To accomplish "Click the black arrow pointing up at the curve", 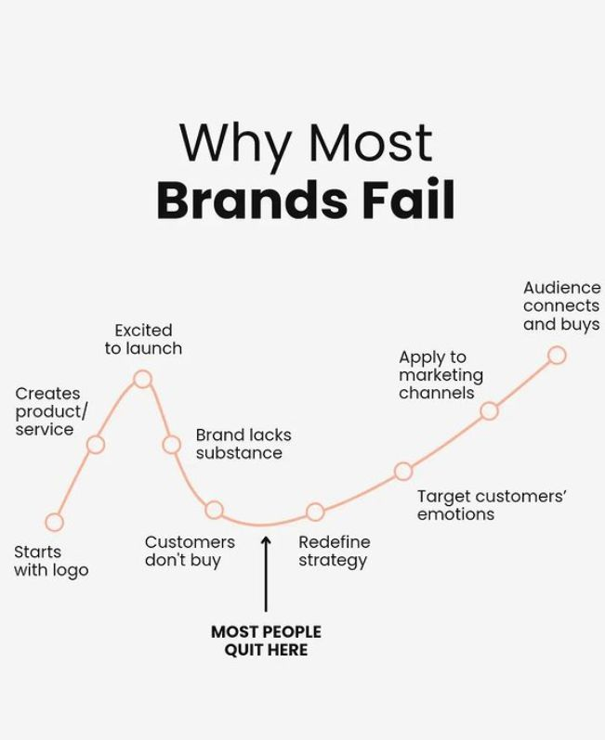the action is [x=266, y=574].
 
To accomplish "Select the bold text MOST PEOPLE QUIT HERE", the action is [x=266, y=641].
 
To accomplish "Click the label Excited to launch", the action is [x=143, y=339].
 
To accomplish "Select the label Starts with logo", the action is [x=51, y=561].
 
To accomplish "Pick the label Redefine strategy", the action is [x=335, y=552].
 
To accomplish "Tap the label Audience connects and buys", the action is [x=561, y=305].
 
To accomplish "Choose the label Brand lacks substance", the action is [x=243, y=444].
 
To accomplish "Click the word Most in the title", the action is [x=371, y=142].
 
